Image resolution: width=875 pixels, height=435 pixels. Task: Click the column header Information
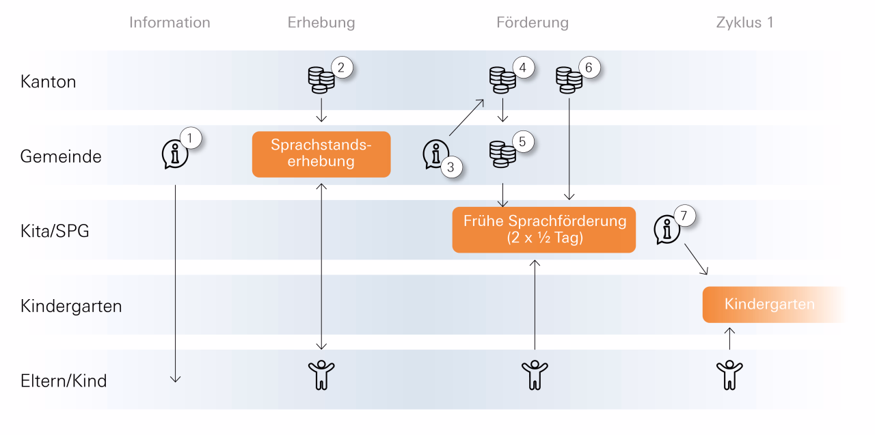(x=170, y=23)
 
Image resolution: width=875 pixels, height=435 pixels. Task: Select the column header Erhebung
(x=321, y=23)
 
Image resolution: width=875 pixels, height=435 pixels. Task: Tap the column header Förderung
(x=532, y=23)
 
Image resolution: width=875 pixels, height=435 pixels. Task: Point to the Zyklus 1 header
(x=744, y=23)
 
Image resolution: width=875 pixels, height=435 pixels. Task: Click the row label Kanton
(x=48, y=82)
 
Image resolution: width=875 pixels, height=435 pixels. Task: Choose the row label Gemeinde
(x=61, y=156)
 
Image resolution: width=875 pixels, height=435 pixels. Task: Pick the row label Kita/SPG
(x=55, y=231)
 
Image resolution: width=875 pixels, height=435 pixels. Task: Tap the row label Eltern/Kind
(x=64, y=380)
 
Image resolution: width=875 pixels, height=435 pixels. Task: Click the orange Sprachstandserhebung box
(x=321, y=154)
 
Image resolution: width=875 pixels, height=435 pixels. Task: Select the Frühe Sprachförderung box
(x=544, y=230)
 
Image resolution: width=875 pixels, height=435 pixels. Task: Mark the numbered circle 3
(x=452, y=167)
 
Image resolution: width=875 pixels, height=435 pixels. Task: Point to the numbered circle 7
(x=684, y=216)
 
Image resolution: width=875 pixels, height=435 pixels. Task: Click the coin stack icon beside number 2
(x=321, y=81)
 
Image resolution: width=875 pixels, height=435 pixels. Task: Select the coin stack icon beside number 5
(x=502, y=154)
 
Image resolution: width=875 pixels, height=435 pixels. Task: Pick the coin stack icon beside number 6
(x=569, y=79)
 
